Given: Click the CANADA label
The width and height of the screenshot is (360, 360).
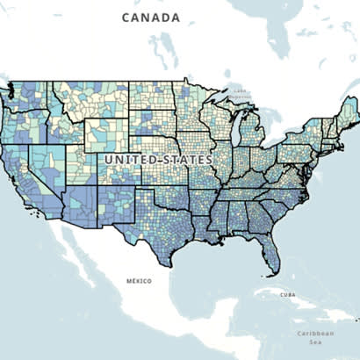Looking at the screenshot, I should click(151, 18).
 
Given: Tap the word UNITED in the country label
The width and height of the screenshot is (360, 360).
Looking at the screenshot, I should click(129, 160).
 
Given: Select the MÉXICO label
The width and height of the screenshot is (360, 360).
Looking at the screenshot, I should click(138, 281).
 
